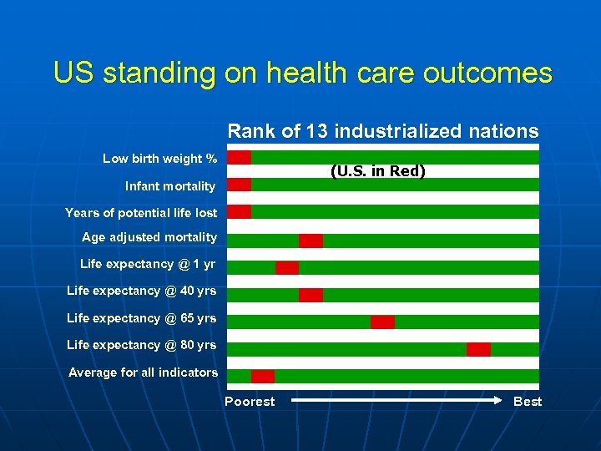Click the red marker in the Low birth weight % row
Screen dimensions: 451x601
pos(240,157)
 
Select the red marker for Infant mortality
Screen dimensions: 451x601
pos(240,185)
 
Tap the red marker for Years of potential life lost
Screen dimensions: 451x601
pos(240,211)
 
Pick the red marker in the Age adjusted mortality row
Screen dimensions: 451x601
pos(311,241)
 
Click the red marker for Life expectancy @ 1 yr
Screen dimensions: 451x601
pos(287,267)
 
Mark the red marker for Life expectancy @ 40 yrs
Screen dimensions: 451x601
pos(311,295)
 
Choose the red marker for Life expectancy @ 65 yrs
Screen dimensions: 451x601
pos(382,322)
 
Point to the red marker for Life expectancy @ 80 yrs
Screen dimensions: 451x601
pos(478,349)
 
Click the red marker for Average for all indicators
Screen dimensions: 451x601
pos(263,376)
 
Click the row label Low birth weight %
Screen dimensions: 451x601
pos(159,159)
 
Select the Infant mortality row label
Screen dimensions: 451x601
pos(170,186)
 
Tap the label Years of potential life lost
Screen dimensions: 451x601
pos(141,213)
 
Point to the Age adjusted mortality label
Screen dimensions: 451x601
pos(149,237)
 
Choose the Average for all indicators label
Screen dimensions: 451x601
pos(143,372)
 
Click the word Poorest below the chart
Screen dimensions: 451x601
pos(250,402)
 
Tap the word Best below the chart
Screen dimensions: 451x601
pos(528,402)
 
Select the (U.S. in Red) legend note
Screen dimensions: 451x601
pos(378,171)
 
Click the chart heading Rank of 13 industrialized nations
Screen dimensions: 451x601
pos(383,131)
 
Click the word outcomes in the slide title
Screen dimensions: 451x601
pos(487,73)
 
